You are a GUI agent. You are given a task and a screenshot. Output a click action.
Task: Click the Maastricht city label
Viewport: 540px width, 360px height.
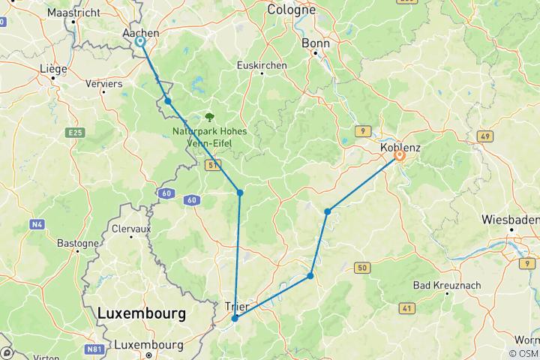point(74,13)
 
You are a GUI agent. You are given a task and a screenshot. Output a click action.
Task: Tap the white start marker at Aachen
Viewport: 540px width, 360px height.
point(140,42)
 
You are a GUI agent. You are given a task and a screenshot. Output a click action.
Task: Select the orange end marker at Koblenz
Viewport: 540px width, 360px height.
point(400,156)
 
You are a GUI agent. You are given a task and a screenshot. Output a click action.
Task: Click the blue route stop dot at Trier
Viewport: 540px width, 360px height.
point(235,318)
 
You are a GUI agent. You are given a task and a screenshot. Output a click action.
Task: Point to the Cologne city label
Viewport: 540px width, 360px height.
point(291,10)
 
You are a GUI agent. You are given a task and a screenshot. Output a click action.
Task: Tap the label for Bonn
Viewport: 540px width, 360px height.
point(315,43)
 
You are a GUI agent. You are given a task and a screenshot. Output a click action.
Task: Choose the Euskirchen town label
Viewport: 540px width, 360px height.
point(262,65)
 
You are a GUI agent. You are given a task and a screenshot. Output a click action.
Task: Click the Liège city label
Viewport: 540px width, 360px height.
point(53,68)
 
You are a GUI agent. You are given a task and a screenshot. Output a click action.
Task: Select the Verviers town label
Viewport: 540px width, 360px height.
point(104,84)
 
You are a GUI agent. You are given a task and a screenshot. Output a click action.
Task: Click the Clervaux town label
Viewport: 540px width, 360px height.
point(132,228)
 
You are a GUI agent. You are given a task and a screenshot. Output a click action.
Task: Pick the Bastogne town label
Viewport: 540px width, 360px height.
point(78,243)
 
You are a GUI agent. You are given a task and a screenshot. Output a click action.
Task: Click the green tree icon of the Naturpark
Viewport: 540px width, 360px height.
point(209,117)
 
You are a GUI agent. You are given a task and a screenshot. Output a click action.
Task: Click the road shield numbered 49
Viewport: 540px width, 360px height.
point(484,136)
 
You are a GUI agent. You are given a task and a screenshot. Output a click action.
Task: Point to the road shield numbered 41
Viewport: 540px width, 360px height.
point(407,307)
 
